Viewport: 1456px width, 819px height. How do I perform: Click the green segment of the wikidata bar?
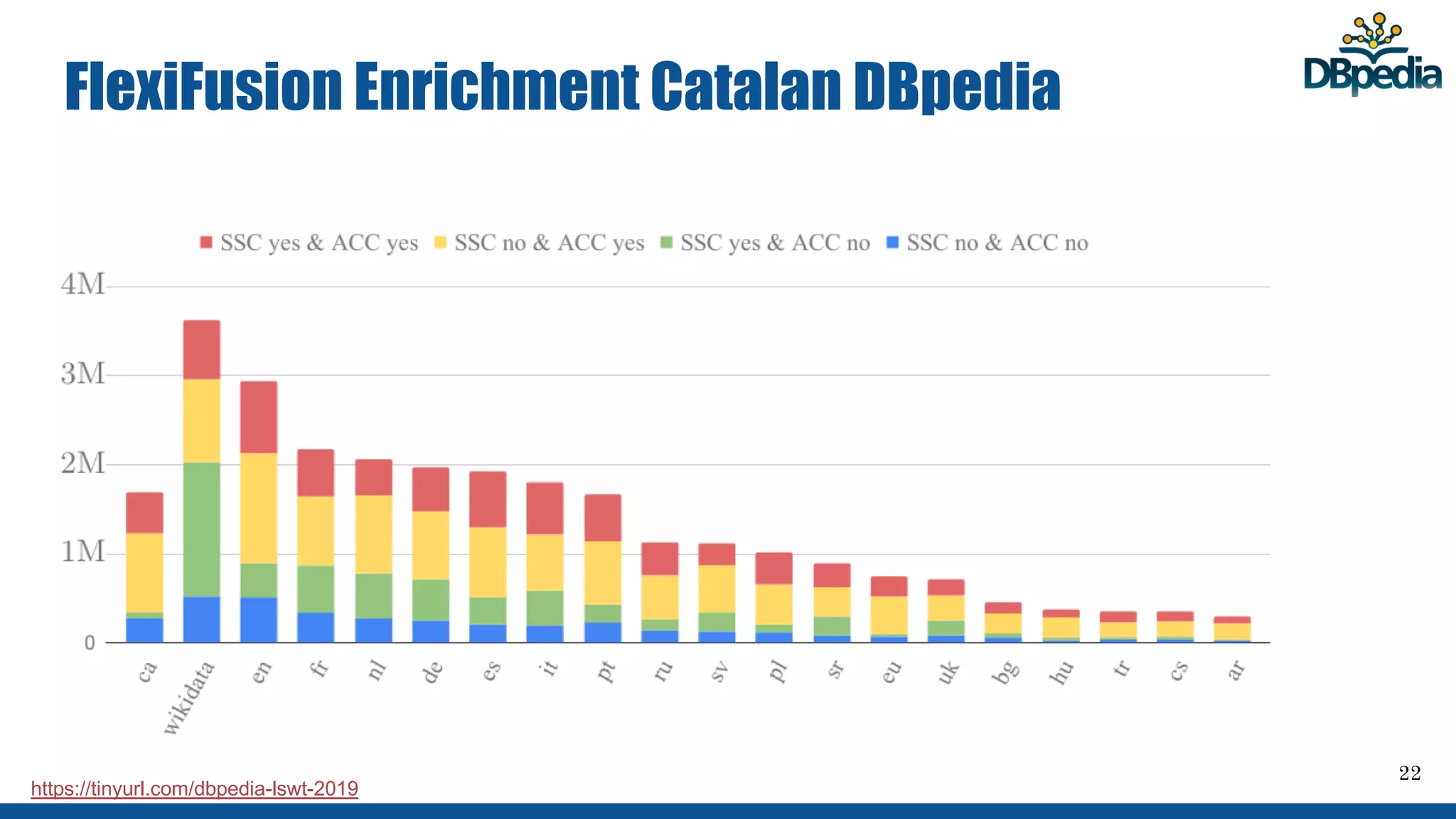[x=202, y=529]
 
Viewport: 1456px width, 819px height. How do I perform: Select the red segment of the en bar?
[x=259, y=417]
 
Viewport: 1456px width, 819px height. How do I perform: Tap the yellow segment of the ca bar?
[x=144, y=572]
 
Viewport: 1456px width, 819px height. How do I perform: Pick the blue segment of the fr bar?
[x=316, y=627]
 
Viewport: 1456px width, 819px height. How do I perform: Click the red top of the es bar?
[x=488, y=499]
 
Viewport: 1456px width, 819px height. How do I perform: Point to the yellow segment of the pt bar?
[x=603, y=572]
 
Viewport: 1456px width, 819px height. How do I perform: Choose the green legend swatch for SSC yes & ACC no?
[x=666, y=242]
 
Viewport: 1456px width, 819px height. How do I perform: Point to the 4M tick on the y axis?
[x=82, y=285]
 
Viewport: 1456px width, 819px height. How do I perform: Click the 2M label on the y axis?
[x=82, y=464]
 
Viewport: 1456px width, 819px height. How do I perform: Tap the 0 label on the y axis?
[x=90, y=643]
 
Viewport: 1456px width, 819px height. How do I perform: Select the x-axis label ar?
[x=1236, y=670]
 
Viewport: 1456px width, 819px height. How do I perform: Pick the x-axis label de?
[x=432, y=672]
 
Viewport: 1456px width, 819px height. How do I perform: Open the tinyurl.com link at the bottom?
[x=194, y=788]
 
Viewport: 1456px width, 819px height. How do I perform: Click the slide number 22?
[x=1409, y=773]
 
